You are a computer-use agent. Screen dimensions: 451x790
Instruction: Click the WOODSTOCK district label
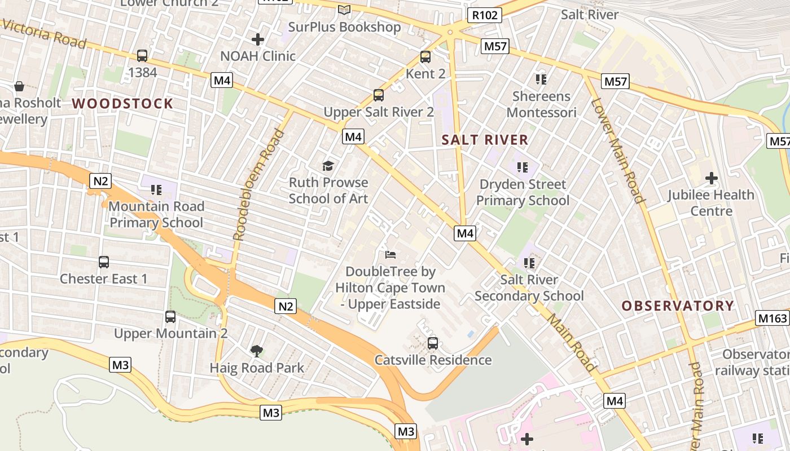(122, 103)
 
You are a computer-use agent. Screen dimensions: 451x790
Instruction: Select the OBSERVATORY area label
(678, 306)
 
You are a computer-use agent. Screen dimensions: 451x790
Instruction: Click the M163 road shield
(773, 318)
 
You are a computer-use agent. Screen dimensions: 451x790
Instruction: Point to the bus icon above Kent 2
(425, 57)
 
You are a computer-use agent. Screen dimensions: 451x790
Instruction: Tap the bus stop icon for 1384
(142, 56)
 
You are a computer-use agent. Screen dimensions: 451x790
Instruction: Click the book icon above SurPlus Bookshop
(344, 10)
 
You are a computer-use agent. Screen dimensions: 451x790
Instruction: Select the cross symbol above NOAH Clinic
(258, 39)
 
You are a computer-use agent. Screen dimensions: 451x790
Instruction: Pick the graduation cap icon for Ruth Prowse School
(328, 166)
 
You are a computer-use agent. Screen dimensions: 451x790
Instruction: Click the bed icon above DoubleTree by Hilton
(390, 255)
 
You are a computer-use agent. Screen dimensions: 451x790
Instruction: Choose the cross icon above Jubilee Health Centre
(711, 179)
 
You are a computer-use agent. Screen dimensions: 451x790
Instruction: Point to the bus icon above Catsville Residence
(433, 343)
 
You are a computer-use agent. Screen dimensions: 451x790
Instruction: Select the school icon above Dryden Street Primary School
(523, 167)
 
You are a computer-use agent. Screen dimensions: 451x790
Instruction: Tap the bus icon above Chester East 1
(104, 262)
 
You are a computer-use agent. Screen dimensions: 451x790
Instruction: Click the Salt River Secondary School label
(529, 288)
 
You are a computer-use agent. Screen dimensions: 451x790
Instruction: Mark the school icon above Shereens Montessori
(541, 79)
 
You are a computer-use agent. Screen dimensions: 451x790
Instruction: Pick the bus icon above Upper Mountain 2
(170, 317)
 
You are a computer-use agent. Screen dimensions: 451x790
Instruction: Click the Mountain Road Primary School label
(156, 214)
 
